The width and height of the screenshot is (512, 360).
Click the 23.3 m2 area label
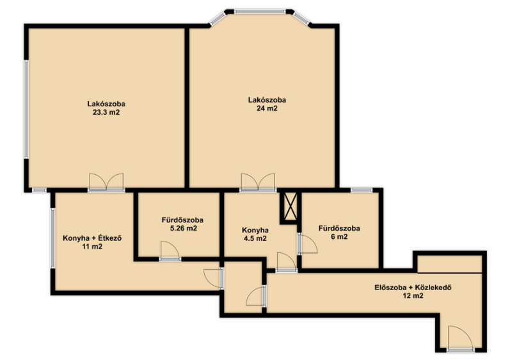106,113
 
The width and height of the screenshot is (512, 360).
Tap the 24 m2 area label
267,108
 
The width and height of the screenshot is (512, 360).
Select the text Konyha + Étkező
92,238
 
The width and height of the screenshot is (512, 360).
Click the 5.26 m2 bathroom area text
184,228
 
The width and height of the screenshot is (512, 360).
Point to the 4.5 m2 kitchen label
255,238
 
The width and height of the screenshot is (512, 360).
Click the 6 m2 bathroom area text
339,237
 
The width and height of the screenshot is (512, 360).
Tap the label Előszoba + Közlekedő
413,288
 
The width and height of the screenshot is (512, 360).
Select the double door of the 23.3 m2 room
106,183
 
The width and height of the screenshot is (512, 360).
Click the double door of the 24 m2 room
258,183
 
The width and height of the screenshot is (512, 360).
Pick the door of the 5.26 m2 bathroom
170,251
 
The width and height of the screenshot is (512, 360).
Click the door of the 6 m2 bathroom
307,243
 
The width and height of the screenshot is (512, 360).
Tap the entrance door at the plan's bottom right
460,338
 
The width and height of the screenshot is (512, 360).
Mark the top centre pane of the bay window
260,12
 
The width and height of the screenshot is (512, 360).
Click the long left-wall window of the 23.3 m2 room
26,109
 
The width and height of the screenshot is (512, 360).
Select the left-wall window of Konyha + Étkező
52,238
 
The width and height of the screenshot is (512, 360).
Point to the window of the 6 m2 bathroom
362,190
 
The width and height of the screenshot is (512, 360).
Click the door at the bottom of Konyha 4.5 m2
286,263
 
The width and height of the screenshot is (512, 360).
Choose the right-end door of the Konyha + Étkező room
214,279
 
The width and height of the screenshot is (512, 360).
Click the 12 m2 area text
413,296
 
